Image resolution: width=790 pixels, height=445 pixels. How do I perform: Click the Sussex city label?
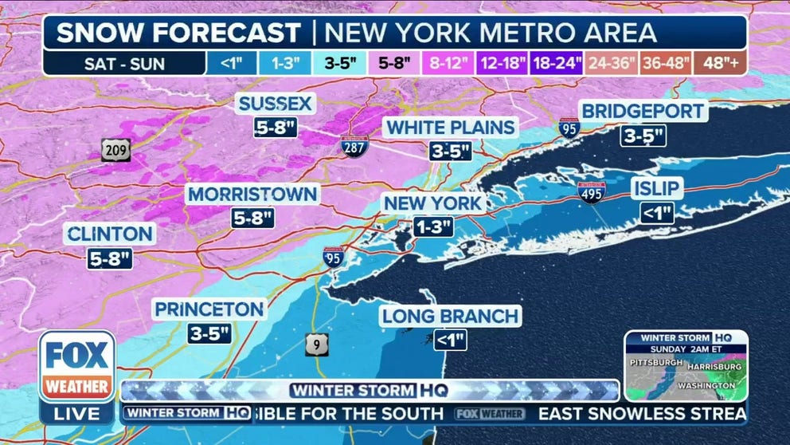(276, 104)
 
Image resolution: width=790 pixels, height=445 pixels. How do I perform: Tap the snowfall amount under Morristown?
(253, 216)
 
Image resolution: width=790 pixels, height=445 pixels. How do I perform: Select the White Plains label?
(451, 128)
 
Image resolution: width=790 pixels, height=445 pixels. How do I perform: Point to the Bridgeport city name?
(643, 112)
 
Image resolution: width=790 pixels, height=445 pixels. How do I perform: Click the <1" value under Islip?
(657, 212)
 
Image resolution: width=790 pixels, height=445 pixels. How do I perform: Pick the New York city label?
(432, 203)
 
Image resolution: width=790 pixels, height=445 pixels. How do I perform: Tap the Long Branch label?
(450, 316)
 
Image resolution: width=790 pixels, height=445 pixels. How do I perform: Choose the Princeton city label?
(209, 309)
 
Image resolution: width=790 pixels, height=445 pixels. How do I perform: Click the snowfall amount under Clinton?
(110, 258)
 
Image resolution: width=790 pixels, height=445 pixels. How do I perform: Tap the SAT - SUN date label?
(126, 63)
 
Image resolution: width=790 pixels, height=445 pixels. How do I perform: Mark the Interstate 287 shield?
(354, 145)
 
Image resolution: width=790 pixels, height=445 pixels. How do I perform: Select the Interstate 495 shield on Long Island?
(591, 191)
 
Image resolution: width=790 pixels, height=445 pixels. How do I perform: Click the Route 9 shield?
(315, 344)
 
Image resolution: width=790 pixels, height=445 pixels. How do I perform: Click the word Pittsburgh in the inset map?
(657, 363)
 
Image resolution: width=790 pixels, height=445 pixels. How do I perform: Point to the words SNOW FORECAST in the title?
(178, 33)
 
